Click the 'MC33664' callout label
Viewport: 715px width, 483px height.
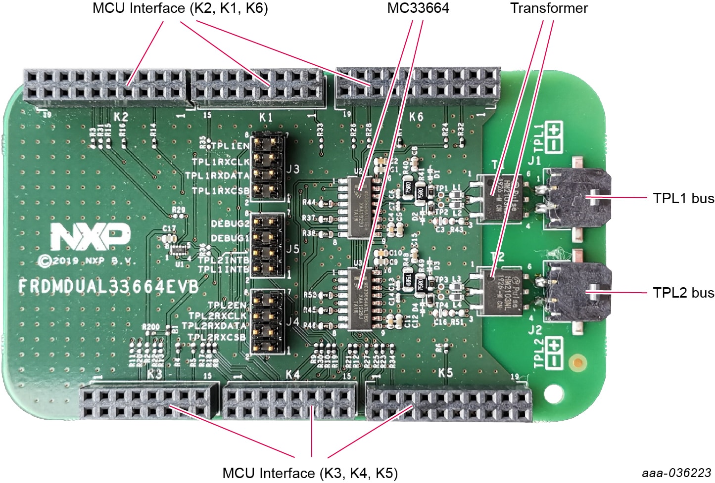pyautogui.click(x=418, y=8)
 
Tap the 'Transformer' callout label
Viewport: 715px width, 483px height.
pyautogui.click(x=549, y=8)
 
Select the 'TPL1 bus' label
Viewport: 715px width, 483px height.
pyautogui.click(x=683, y=198)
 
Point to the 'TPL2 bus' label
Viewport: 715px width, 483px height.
pyautogui.click(x=683, y=293)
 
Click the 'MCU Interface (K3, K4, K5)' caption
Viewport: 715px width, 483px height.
pyautogui.click(x=310, y=473)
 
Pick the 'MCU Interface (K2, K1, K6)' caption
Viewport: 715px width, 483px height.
pyautogui.click(x=180, y=8)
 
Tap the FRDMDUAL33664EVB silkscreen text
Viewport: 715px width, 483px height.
pyautogui.click(x=108, y=286)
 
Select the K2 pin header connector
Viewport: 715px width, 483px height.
pyautogui.click(x=105, y=86)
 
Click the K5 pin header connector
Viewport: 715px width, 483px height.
pyautogui.click(x=448, y=403)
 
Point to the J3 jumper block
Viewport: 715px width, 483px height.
pyautogui.click(x=268, y=168)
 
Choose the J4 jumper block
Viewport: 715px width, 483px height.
pyautogui.click(x=268, y=322)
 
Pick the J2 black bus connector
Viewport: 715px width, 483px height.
pyautogui.click(x=576, y=292)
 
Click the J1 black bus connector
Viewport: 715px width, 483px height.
pyautogui.click(x=576, y=198)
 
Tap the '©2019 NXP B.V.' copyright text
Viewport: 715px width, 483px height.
pyautogui.click(x=86, y=261)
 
